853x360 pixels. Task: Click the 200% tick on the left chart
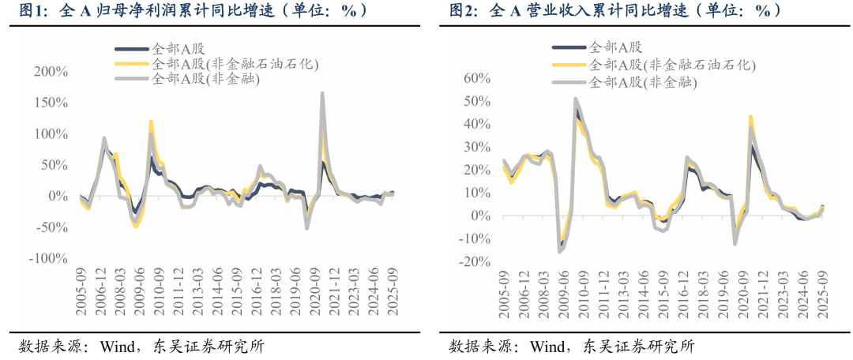(x=49, y=72)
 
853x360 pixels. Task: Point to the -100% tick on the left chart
(x=47, y=258)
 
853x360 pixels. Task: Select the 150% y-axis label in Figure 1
(x=49, y=103)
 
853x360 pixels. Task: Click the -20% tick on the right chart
(x=478, y=261)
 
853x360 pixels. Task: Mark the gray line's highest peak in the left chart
(x=322, y=93)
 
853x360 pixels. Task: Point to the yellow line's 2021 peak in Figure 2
(x=750, y=117)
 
